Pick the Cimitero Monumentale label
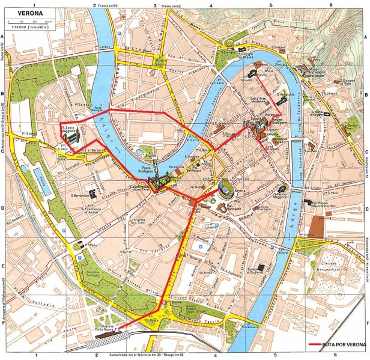pos(335,266)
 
